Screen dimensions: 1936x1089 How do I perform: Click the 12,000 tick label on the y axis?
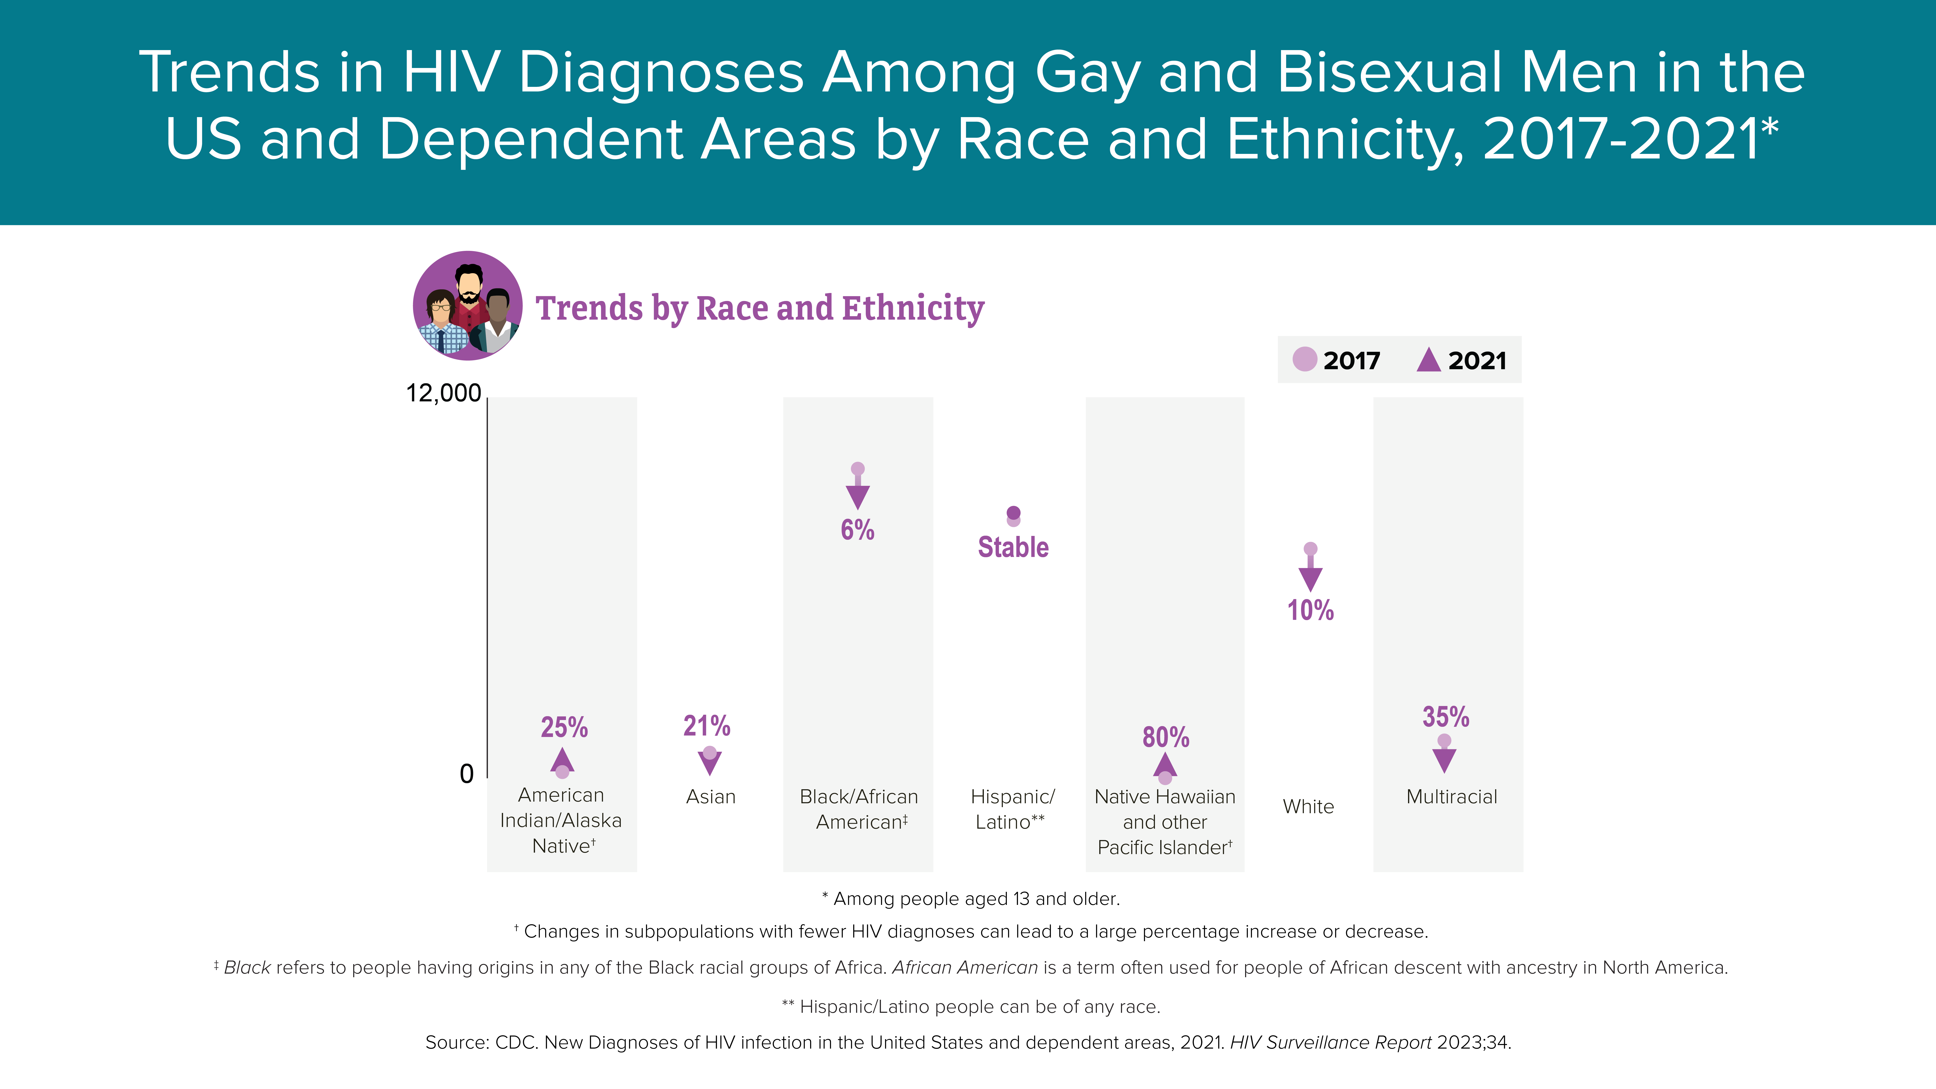(444, 393)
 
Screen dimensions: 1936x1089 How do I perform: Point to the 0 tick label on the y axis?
(467, 773)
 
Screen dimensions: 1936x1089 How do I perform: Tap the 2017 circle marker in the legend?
(1305, 359)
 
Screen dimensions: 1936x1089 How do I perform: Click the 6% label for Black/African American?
(858, 530)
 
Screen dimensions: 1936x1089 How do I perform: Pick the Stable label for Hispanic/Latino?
(1013, 547)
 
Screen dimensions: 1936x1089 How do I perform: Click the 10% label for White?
(1311, 609)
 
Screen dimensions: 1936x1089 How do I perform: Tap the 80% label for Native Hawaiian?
(1166, 737)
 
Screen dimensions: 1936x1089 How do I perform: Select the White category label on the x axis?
(1309, 806)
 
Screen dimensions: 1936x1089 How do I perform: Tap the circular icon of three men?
(467, 306)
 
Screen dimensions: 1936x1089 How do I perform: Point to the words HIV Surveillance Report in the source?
(1330, 1042)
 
